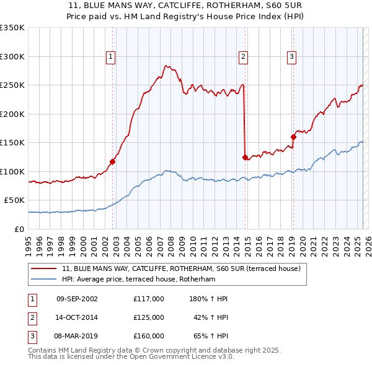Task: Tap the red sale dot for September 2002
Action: pyautogui.click(x=113, y=162)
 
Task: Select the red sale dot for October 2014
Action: pyautogui.click(x=246, y=157)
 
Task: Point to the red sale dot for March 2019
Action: pyautogui.click(x=293, y=137)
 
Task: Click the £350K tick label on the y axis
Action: pyautogui.click(x=12, y=28)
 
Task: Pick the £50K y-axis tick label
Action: pyautogui.click(x=15, y=200)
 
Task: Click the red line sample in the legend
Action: pyautogui.click(x=43, y=268)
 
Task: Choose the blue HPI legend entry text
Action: pyautogui.click(x=138, y=279)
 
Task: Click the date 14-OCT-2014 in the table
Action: pyautogui.click(x=77, y=317)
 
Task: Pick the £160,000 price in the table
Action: pyautogui.click(x=148, y=336)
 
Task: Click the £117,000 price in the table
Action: pyautogui.click(x=148, y=299)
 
